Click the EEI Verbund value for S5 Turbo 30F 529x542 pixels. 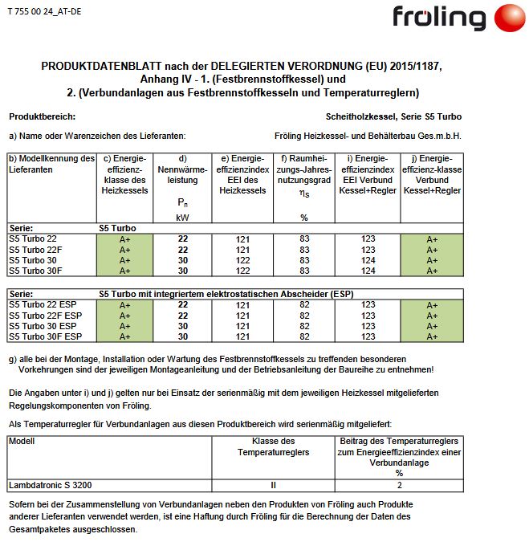coord(368,271)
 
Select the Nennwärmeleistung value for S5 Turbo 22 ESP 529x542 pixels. coord(182,305)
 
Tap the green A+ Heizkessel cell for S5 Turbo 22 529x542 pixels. coord(125,239)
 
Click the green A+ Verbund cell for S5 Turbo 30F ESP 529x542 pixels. coord(432,336)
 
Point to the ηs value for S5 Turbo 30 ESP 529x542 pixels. coord(304,326)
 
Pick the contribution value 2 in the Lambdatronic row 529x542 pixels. coord(399,485)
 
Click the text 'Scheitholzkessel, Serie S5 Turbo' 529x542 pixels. coord(394,116)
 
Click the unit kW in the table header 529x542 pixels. coord(182,217)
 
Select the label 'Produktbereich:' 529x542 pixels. coord(42,116)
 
